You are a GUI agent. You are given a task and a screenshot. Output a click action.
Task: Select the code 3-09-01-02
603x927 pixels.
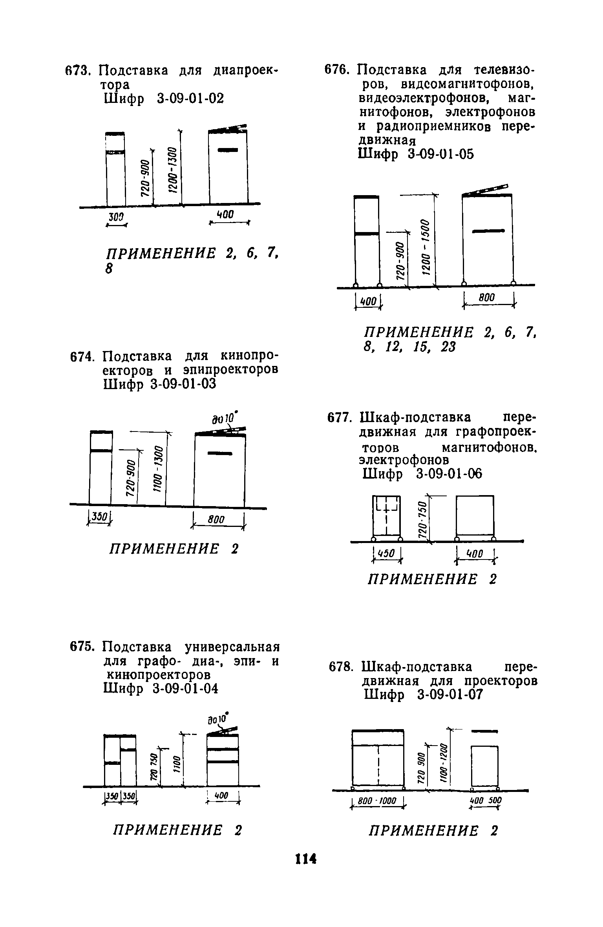190,99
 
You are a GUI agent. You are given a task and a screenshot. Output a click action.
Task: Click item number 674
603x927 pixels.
82,357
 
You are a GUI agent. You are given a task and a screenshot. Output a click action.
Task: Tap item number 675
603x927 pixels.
82,647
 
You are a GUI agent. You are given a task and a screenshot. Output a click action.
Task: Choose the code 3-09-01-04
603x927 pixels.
184,688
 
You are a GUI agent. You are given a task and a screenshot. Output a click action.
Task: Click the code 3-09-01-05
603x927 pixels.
441,154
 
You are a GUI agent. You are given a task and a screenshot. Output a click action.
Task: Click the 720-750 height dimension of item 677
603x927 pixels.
422,520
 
